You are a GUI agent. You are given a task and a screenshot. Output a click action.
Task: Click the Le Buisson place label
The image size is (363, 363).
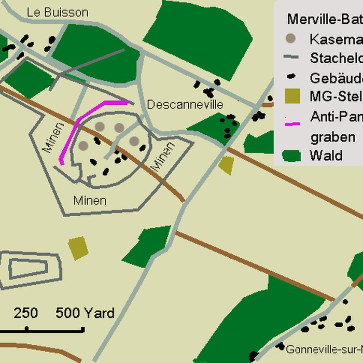pyautogui.click(x=58, y=12)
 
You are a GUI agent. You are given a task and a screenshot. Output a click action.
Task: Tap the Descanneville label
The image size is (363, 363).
pyautogui.click(x=185, y=105)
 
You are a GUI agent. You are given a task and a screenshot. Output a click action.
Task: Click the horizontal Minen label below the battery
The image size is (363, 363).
pyautogui.click(x=90, y=200)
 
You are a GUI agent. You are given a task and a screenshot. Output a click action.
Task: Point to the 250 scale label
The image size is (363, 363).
pyautogui.click(x=25, y=313)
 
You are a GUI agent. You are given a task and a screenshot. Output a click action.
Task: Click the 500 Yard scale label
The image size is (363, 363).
pyautogui.click(x=85, y=313)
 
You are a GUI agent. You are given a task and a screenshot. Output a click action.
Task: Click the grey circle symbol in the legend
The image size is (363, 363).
pyautogui.click(x=291, y=38)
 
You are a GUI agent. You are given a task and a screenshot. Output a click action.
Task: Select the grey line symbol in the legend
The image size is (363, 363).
pyautogui.click(x=292, y=58)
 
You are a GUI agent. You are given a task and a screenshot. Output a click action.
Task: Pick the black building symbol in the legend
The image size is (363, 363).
pyautogui.click(x=292, y=78)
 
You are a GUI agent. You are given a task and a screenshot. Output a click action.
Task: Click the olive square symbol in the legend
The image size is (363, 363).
pyautogui.click(x=292, y=96)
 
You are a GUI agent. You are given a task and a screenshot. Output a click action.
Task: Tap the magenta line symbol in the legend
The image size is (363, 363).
pyautogui.click(x=292, y=123)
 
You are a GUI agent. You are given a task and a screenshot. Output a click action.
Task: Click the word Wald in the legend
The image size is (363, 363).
pyautogui.click(x=326, y=155)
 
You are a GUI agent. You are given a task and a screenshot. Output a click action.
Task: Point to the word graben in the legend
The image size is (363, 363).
pyautogui.click(x=332, y=137)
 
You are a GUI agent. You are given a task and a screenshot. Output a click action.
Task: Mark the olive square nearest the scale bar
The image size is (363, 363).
pyautogui.click(x=78, y=248)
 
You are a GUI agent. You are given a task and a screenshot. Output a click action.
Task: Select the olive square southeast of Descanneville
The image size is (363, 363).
pyautogui.click(x=226, y=165)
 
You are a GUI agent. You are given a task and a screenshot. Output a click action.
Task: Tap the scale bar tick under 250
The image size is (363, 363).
pyautogui.click(x=26, y=328)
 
